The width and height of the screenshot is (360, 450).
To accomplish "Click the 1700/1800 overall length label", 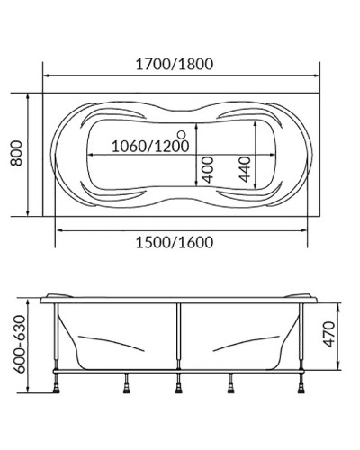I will coord(180,65).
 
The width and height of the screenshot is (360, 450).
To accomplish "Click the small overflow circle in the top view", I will coord(182,135).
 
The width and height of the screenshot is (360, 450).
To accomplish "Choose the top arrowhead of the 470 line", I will coord(337,303).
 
